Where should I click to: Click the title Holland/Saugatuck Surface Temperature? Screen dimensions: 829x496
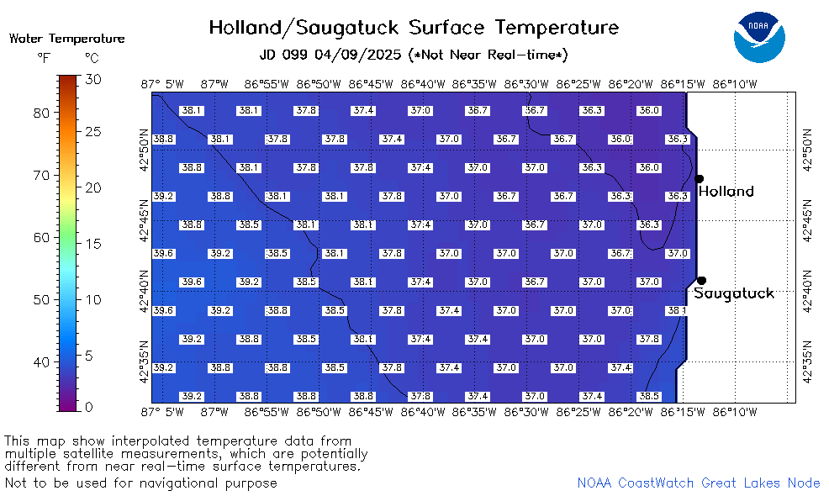tap(414, 28)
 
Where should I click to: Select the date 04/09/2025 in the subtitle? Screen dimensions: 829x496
tap(357, 55)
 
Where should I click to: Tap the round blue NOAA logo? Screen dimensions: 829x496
tap(759, 37)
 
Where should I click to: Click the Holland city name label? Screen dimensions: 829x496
tap(726, 191)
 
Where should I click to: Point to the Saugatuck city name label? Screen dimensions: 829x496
tap(734, 293)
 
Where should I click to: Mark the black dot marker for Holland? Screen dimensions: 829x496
tap(699, 179)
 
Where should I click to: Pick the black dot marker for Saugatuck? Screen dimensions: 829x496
tap(701, 280)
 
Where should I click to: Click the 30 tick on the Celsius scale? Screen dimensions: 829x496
tap(93, 79)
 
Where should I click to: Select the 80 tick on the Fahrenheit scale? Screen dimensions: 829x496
tap(41, 113)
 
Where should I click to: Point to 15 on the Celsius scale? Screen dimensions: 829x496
tap(93, 245)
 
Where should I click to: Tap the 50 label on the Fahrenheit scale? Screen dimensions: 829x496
tap(41, 300)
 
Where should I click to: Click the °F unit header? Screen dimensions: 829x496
tap(44, 58)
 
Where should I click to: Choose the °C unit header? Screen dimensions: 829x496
tap(92, 58)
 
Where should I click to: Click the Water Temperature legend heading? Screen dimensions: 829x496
tap(67, 39)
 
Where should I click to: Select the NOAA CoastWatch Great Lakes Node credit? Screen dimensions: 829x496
tap(699, 483)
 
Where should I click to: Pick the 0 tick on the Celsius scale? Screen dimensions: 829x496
tap(89, 407)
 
